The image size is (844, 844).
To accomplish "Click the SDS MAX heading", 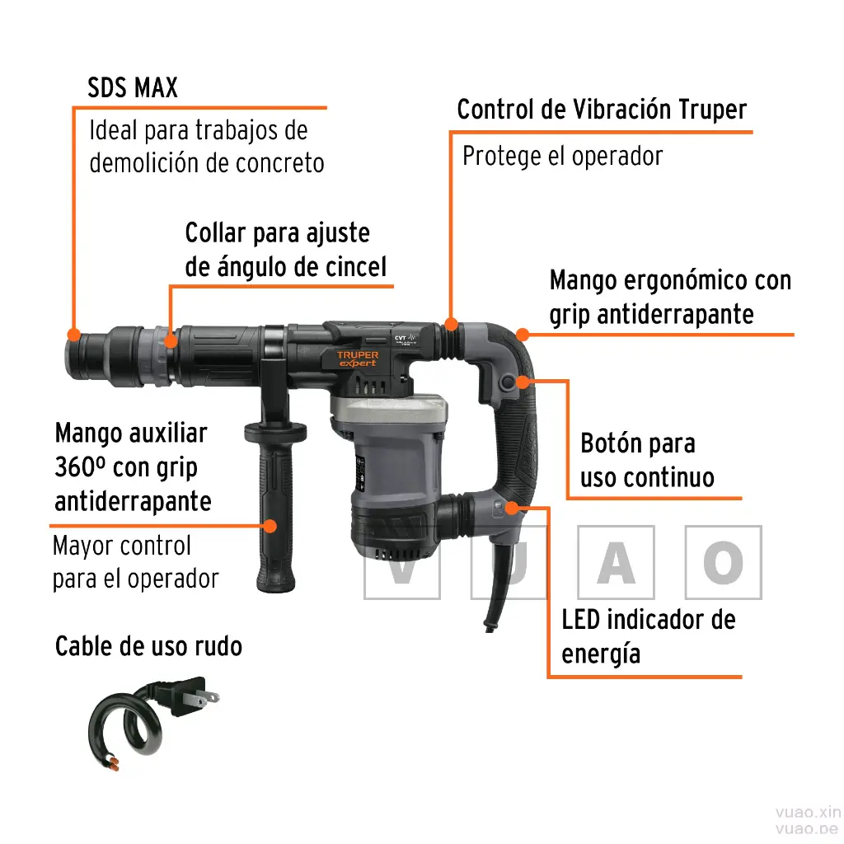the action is click(x=133, y=87).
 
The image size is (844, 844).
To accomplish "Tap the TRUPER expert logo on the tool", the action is click(x=358, y=359).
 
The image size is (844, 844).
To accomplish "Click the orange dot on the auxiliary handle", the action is click(x=270, y=526).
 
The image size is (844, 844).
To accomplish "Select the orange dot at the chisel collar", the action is click(x=170, y=340).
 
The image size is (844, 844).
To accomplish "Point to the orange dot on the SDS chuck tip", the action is click(x=73, y=335).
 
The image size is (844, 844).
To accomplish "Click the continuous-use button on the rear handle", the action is click(x=507, y=383).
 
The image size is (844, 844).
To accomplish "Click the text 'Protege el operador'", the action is click(x=562, y=157).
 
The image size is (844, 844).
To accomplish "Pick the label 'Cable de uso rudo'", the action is click(x=148, y=646).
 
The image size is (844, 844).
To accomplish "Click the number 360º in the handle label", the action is click(x=80, y=467).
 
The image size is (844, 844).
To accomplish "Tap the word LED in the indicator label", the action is click(x=581, y=620).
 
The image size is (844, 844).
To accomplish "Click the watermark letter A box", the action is click(x=617, y=562).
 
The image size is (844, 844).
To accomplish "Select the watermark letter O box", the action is click(x=724, y=562).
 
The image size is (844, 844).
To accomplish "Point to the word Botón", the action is click(x=612, y=443).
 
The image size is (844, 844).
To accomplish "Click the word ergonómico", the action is click(x=685, y=281).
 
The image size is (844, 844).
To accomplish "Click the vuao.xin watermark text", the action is click(x=808, y=812).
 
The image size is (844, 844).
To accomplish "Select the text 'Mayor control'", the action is click(x=122, y=546).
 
